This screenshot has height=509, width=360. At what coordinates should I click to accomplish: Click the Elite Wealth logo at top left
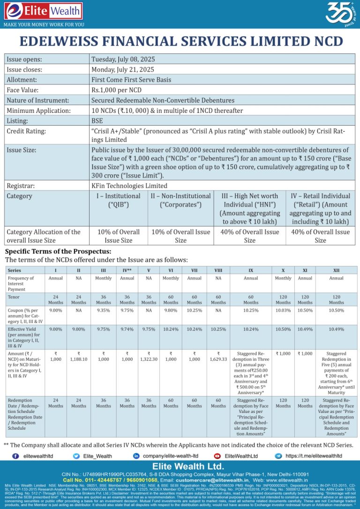point(43,11)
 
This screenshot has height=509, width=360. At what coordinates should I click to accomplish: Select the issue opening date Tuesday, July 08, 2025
point(123,60)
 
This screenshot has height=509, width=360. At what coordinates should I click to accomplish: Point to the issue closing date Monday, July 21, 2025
point(122,69)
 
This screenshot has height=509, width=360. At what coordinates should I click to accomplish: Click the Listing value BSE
point(97,120)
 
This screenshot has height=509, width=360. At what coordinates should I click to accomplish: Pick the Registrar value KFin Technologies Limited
point(129,186)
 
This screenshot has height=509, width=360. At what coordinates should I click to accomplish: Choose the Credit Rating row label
point(26,131)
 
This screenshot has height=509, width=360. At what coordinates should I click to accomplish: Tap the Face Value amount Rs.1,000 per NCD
point(116,90)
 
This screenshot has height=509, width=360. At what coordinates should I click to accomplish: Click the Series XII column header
point(336,270)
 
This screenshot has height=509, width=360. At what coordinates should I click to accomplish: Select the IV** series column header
point(127,270)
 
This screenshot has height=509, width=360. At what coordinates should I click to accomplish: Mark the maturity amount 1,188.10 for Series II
point(79,360)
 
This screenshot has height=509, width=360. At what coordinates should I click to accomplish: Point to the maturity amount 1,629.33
point(218,360)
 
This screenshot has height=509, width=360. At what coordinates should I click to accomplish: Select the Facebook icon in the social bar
point(15,456)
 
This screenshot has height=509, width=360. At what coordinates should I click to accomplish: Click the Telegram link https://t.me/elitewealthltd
point(314,456)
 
